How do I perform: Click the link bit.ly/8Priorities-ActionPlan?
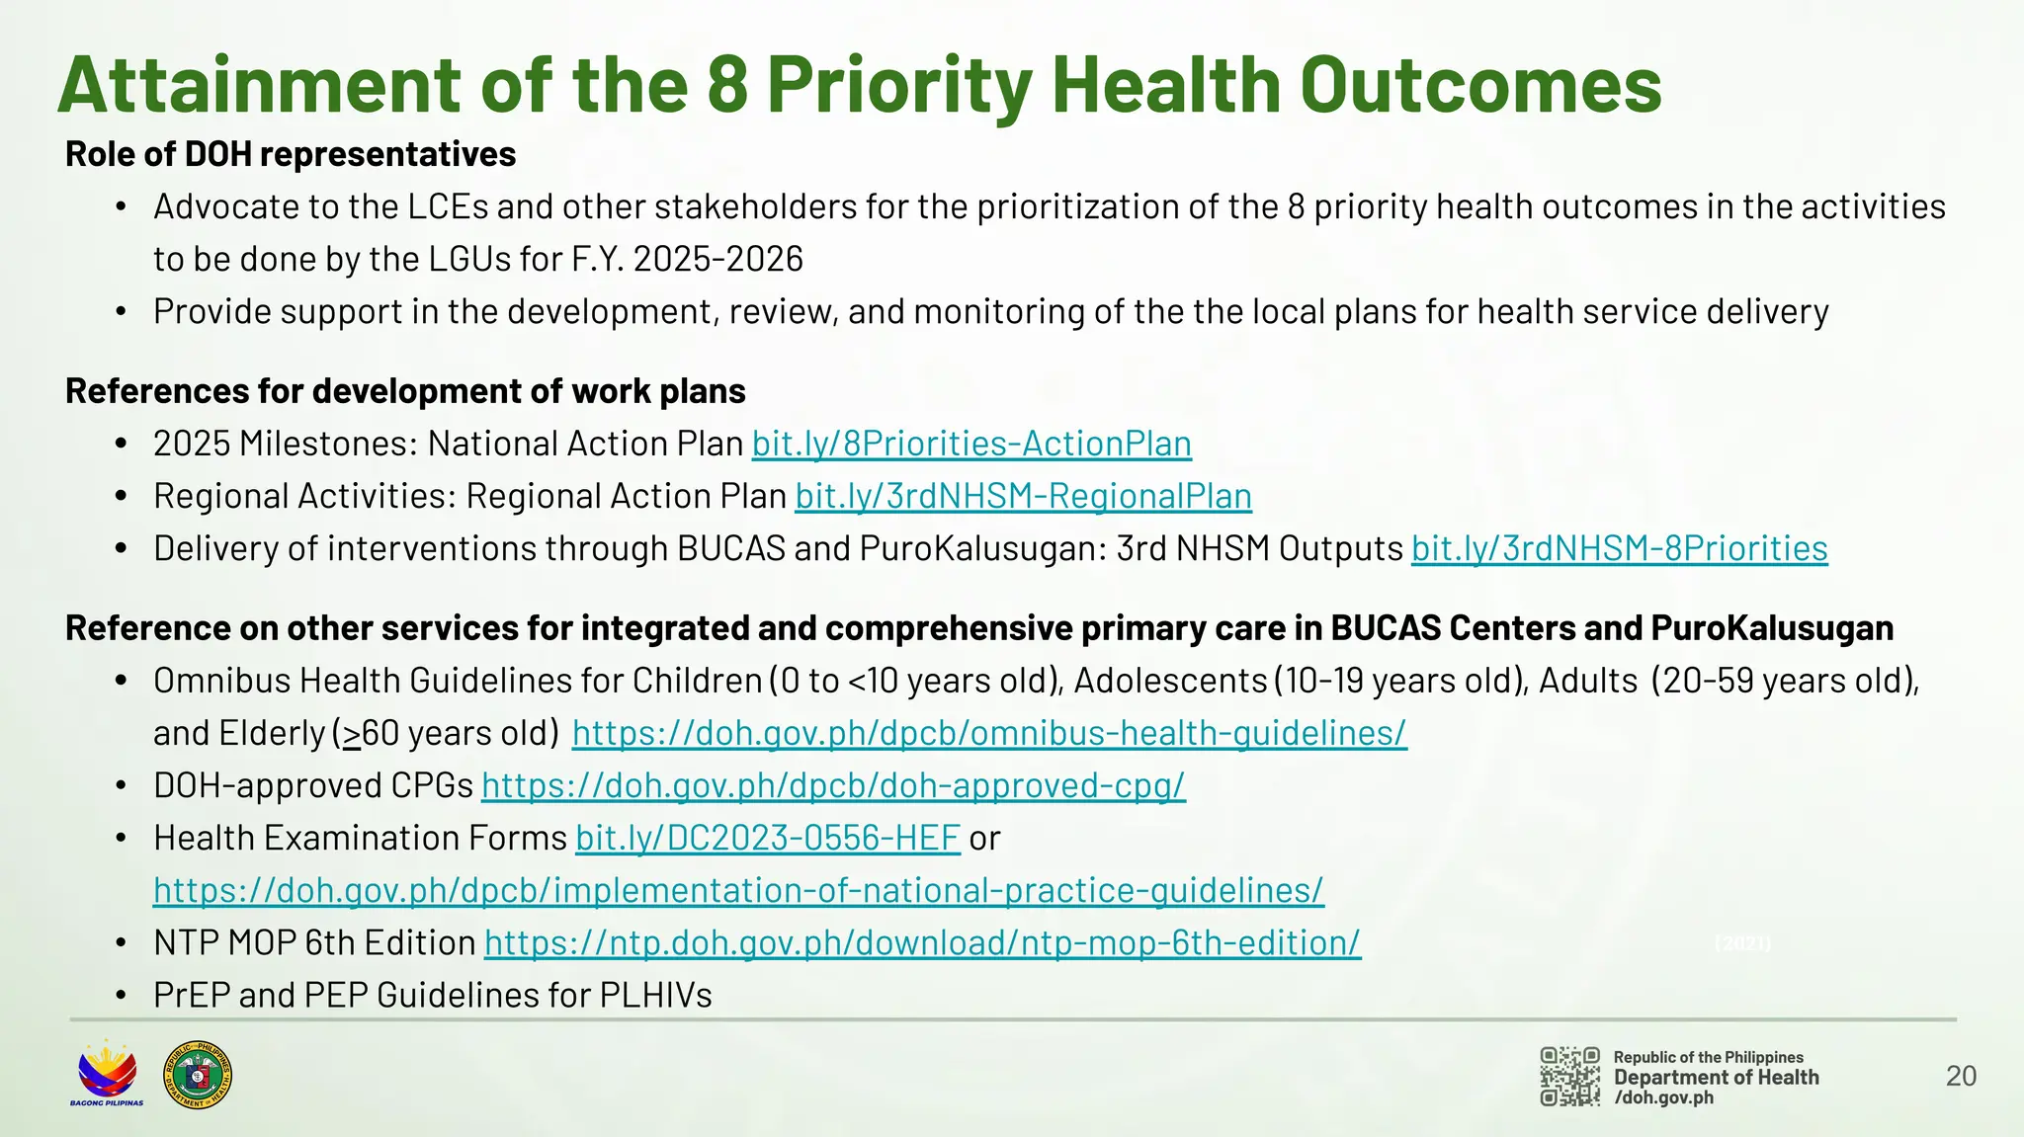click(971, 444)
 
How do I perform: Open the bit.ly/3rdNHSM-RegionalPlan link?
click(1023, 496)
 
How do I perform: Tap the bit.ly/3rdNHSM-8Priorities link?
click(1619, 548)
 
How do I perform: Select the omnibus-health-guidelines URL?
click(989, 733)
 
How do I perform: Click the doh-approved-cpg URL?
click(833, 785)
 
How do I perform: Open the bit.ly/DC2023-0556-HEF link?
click(768, 838)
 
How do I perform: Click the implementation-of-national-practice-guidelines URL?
click(738, 890)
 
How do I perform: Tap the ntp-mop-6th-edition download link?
click(922, 942)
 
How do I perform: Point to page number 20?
click(1961, 1076)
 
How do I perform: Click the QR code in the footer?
click(1569, 1076)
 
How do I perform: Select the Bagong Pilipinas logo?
click(107, 1074)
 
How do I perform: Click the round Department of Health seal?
click(198, 1074)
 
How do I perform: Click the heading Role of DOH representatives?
click(291, 154)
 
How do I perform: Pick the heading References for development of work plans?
click(405, 391)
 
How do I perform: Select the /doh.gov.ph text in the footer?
click(1663, 1097)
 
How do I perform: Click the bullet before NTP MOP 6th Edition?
click(121, 943)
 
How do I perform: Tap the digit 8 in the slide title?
click(727, 85)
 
